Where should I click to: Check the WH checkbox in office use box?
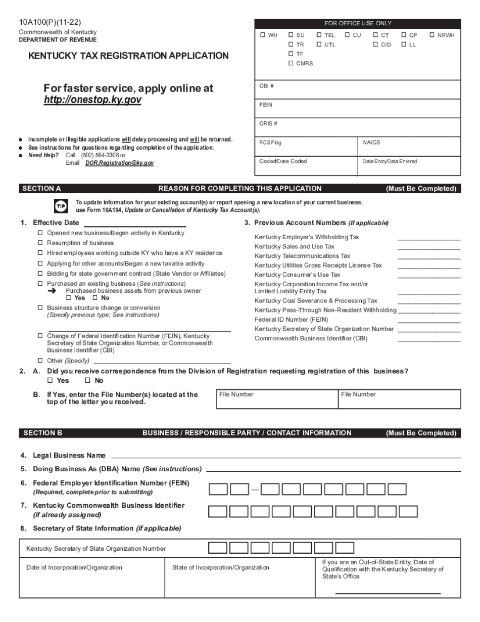click(x=262, y=35)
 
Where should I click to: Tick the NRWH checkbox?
click(x=432, y=35)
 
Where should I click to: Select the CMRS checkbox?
click(x=291, y=63)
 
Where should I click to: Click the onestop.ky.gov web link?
click(x=92, y=100)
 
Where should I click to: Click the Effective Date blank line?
click(x=134, y=223)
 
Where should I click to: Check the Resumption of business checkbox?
click(x=40, y=243)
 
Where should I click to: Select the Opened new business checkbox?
click(x=40, y=234)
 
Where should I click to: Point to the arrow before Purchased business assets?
click(x=52, y=291)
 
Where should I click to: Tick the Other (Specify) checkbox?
click(x=40, y=361)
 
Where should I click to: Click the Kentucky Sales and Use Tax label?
click(x=294, y=247)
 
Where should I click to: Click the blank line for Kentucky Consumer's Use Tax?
click(x=428, y=276)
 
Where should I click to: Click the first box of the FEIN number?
click(x=218, y=490)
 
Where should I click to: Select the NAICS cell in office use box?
click(x=371, y=143)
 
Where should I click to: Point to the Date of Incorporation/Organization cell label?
click(x=74, y=567)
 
